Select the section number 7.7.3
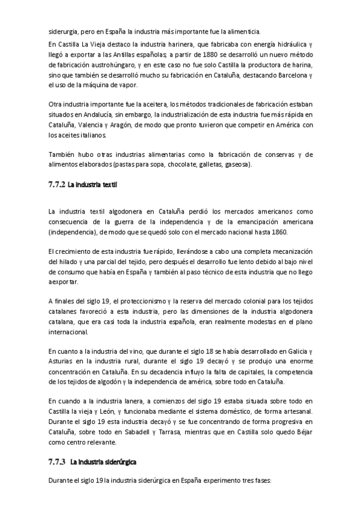coord(56,462)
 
